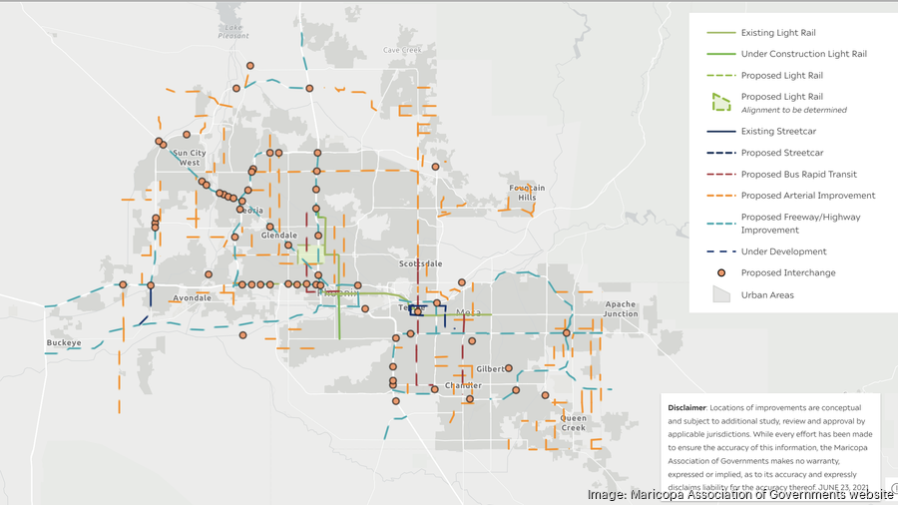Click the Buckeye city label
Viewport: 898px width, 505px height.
[x=63, y=342]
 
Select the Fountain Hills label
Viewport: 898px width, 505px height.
[x=527, y=193]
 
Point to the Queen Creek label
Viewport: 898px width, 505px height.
[x=573, y=422]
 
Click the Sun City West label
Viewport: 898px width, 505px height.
[x=190, y=158]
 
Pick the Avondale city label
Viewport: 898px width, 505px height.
[x=192, y=297]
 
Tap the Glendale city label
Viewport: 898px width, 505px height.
[x=279, y=236]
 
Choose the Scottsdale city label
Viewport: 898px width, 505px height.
[x=420, y=263]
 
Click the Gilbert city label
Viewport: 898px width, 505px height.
[x=490, y=368]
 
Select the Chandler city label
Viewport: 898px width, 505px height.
[x=463, y=385]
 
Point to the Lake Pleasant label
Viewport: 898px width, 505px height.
[x=233, y=31]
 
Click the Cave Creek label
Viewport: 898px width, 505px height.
[x=402, y=50]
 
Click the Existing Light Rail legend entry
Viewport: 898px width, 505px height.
[x=781, y=33]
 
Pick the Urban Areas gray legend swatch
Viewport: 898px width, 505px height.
[x=719, y=294]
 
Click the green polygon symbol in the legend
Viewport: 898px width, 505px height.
[x=720, y=102]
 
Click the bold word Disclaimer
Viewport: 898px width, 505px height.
[x=687, y=407]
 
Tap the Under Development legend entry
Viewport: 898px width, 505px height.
[x=783, y=252]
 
